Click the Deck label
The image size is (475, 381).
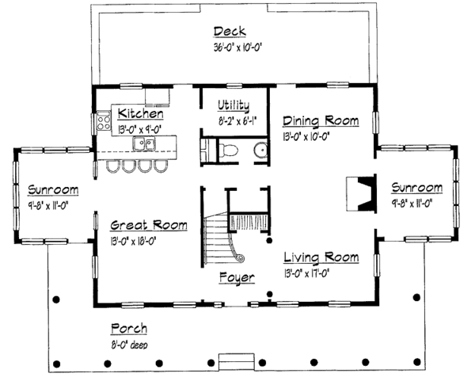click(230, 32)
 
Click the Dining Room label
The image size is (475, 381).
click(321, 121)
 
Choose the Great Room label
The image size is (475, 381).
click(148, 225)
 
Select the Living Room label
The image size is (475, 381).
click(321, 257)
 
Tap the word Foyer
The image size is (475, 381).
click(237, 278)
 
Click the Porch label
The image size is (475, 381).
click(128, 329)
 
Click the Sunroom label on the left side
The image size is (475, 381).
click(53, 189)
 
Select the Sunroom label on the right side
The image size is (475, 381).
click(416, 188)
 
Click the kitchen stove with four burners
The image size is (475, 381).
click(102, 122)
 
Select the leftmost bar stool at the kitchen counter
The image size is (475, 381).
click(109, 167)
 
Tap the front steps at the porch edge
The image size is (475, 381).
click(236, 358)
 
